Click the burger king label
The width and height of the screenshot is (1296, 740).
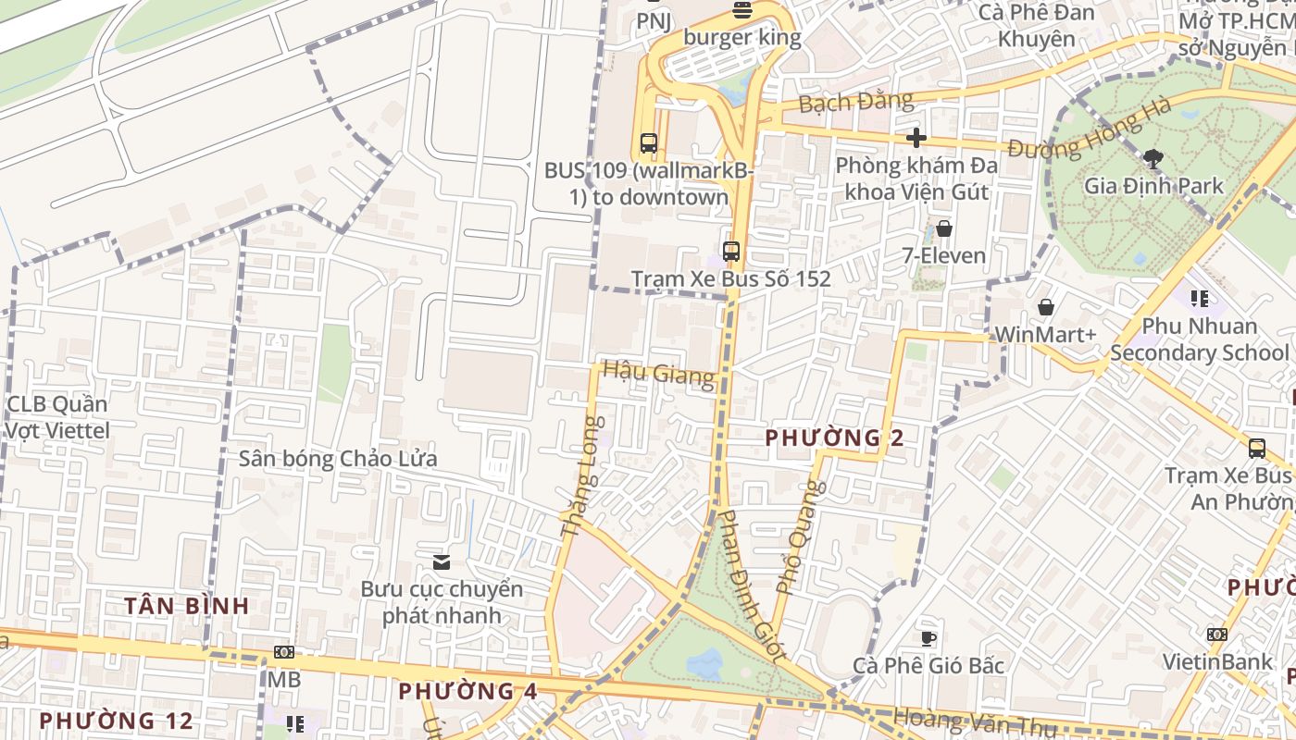(741, 38)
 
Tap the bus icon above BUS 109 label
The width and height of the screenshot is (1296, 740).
(648, 143)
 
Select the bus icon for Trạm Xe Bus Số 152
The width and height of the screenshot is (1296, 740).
(731, 251)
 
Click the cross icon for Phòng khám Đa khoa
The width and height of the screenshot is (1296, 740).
(916, 138)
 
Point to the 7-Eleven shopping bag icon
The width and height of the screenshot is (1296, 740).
(944, 228)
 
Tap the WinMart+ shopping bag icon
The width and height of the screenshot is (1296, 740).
(1045, 307)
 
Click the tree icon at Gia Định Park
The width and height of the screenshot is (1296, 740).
(1153, 158)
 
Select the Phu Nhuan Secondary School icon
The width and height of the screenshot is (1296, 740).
(1199, 299)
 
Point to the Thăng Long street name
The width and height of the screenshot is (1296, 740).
(581, 477)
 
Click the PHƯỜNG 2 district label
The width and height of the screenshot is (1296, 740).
(834, 438)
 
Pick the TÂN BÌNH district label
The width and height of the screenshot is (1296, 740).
(187, 606)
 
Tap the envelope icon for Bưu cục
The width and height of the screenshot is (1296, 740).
(442, 561)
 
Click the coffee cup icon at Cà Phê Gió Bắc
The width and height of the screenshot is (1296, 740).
(928, 638)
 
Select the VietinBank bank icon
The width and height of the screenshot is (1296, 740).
(1216, 635)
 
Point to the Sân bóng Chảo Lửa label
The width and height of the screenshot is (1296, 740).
(338, 459)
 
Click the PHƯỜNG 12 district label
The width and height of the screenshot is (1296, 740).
(117, 720)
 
